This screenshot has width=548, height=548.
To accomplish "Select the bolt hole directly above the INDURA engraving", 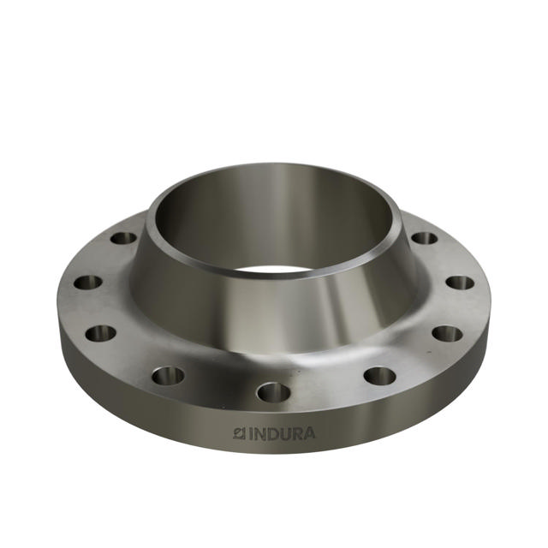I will click(x=274, y=392).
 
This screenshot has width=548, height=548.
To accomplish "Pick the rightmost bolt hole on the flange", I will click(x=460, y=282).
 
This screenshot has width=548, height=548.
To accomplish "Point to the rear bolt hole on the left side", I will click(x=124, y=237).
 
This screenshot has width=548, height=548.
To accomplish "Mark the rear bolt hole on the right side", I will click(x=424, y=237).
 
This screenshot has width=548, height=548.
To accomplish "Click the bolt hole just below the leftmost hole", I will click(x=101, y=332).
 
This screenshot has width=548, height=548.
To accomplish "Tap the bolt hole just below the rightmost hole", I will click(x=447, y=332).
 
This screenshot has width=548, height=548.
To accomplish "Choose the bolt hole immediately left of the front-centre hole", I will click(x=169, y=374).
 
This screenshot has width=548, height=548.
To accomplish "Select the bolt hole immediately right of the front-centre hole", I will click(x=379, y=375).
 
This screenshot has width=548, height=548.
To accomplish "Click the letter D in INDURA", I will click(x=272, y=433).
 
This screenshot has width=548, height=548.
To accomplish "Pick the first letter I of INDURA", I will click(x=250, y=433).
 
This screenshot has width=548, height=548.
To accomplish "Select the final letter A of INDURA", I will click(x=309, y=433).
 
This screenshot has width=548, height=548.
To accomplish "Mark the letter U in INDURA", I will click(x=284, y=433).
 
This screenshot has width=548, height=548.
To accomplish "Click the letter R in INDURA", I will click(x=296, y=433).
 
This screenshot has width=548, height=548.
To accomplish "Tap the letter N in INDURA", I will click(x=259, y=433).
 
